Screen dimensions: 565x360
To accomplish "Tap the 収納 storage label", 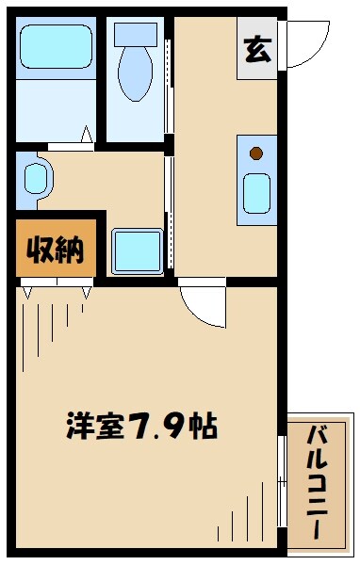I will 56,250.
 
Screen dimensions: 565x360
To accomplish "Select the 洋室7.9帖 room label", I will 141,427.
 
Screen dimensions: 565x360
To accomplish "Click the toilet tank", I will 134,34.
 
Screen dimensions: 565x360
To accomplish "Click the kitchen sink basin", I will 256,193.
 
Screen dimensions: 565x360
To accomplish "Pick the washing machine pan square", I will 138,250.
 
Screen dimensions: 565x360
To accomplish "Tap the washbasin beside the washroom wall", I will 35,178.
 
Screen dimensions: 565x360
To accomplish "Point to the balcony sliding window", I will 282,480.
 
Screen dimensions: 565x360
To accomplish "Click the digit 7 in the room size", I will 143,427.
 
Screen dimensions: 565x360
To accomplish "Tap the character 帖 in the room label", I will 202,427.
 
